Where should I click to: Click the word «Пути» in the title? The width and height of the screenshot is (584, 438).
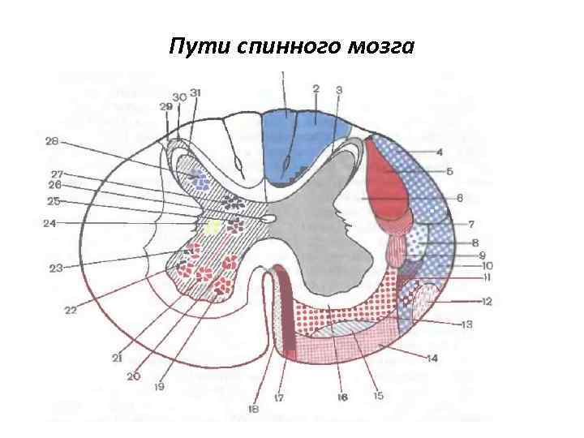click(191, 47)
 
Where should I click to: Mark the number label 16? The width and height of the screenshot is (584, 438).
click(342, 397)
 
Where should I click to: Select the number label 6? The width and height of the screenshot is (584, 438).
click(459, 197)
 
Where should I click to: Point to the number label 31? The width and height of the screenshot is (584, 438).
click(195, 92)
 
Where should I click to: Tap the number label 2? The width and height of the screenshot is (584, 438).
click(316, 88)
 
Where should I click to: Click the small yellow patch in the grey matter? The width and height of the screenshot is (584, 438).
click(212, 226)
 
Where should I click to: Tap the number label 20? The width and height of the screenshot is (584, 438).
click(133, 376)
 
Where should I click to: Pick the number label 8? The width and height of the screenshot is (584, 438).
click(475, 242)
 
